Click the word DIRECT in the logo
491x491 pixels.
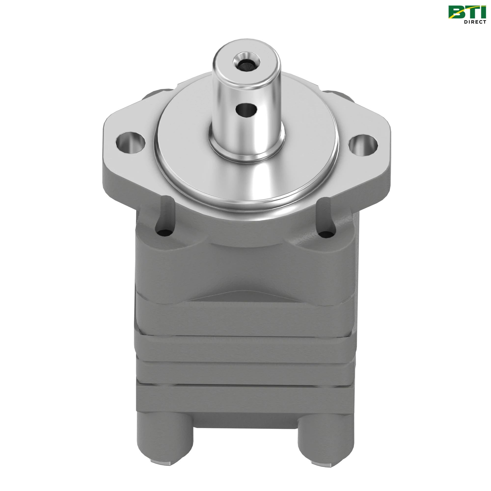pyautogui.click(x=475, y=22)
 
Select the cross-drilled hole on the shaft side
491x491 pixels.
pyautogui.click(x=246, y=110)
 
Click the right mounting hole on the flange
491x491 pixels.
pyautogui.click(x=363, y=144)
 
